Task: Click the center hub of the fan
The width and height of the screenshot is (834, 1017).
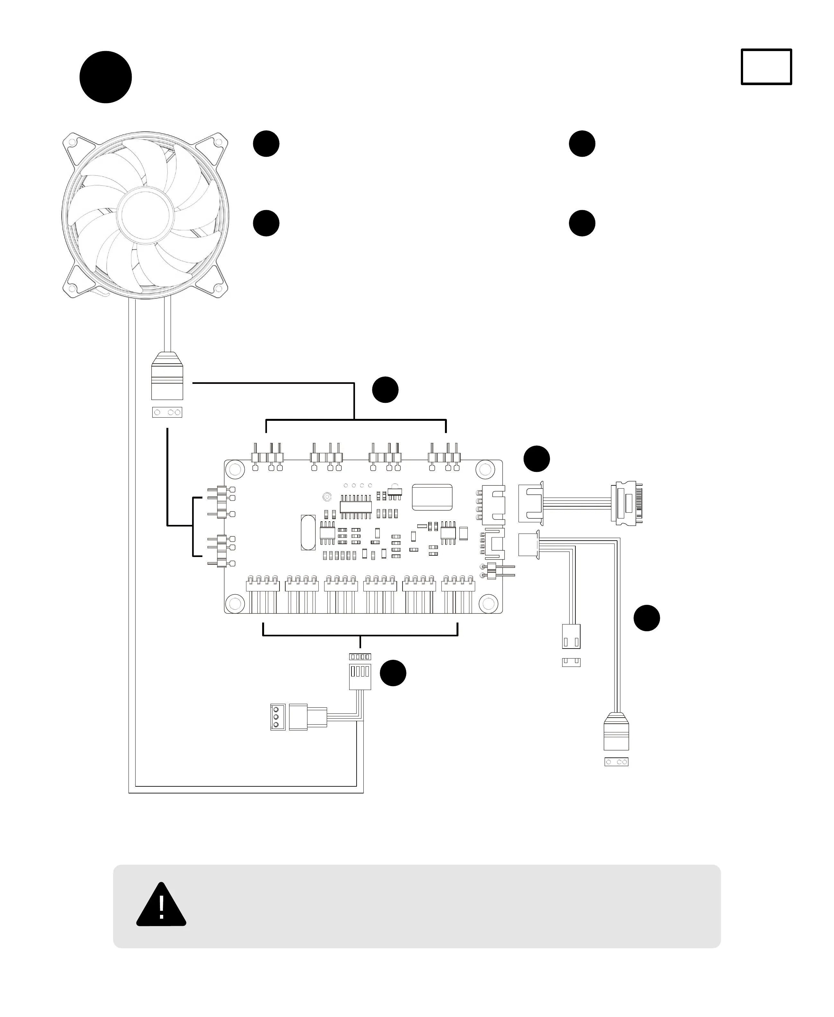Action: pyautogui.click(x=145, y=215)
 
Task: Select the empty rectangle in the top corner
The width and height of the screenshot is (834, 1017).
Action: pyautogui.click(x=766, y=67)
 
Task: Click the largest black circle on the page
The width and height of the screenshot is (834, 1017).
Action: pyautogui.click(x=106, y=77)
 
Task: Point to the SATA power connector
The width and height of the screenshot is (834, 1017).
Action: pyautogui.click(x=627, y=502)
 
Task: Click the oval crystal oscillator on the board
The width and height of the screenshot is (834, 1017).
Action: pyautogui.click(x=308, y=532)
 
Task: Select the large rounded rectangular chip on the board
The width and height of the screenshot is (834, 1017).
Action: pyautogui.click(x=432, y=497)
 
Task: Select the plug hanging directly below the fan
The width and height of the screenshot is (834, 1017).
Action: pyautogui.click(x=167, y=376)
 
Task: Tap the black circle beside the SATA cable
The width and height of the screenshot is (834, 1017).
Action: pyautogui.click(x=536, y=459)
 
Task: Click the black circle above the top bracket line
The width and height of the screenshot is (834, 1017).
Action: pyautogui.click(x=385, y=390)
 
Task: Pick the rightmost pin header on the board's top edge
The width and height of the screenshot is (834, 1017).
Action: pyautogui.click(x=444, y=457)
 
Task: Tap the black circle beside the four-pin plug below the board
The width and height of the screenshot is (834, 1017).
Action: pyautogui.click(x=393, y=673)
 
